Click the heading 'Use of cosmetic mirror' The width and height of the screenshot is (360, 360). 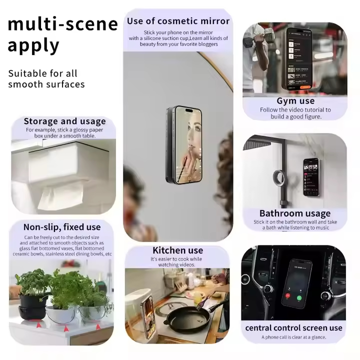point(178,21)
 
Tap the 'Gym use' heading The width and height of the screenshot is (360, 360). point(295,101)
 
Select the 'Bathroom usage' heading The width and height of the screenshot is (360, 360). point(294,213)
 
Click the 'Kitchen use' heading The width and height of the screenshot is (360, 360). point(177,250)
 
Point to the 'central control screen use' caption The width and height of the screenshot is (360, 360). point(293,328)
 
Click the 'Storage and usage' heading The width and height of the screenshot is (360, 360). point(64,121)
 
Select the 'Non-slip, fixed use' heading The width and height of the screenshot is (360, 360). point(62,227)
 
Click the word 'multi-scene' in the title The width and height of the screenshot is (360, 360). point(62,23)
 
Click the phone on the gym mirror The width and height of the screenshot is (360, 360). point(299,57)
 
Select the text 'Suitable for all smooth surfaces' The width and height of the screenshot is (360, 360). point(46,78)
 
